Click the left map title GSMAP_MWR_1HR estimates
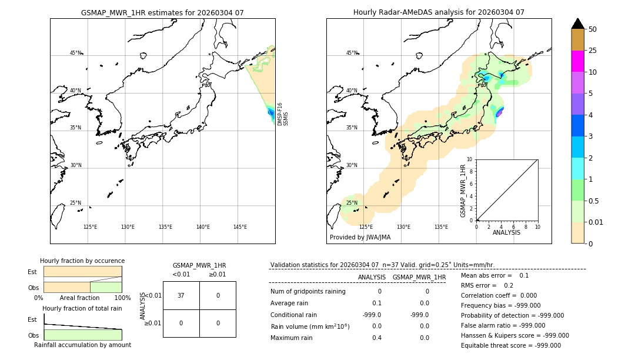(162, 12)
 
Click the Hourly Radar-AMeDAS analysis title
(439, 12)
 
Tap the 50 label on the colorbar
(593, 29)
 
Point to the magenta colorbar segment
(577, 61)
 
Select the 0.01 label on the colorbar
(596, 222)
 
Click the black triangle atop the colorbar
(577, 24)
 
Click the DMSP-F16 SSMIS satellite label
(283, 114)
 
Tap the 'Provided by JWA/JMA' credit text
(360, 238)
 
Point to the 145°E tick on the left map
(240, 227)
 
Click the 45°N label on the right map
(352, 53)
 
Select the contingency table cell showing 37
(181, 295)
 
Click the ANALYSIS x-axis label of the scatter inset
(507, 233)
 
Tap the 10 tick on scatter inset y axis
(470, 159)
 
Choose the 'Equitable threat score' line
(510, 346)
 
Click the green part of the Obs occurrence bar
(106, 286)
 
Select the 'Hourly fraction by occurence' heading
(82, 261)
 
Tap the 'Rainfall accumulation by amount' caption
(82, 345)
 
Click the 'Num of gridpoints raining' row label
(308, 291)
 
